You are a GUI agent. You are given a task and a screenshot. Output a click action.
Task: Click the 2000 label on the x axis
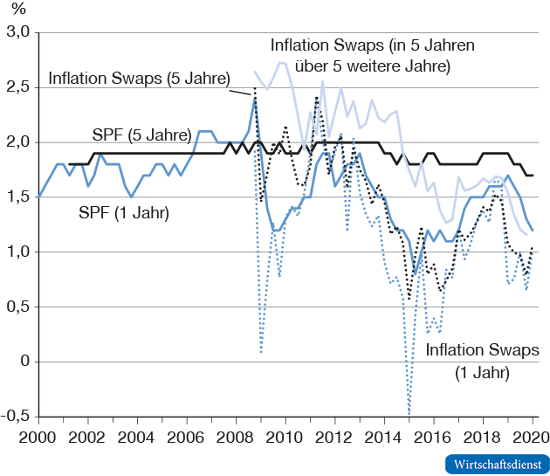point(38,434)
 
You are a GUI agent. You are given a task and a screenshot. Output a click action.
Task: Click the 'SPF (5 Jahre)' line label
point(141,135)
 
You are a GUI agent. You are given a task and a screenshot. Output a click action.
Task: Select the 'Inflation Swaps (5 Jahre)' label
point(138,77)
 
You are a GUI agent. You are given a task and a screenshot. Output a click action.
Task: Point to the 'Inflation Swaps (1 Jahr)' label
point(482,360)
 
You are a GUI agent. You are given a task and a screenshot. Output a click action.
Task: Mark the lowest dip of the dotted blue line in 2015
point(409,414)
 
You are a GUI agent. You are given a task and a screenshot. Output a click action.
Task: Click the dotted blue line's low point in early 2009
point(261,351)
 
